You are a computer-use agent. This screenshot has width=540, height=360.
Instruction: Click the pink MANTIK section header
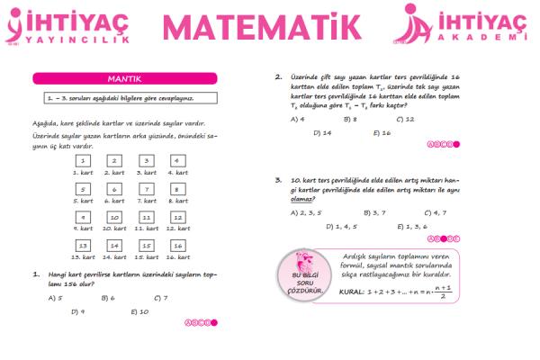point(125,78)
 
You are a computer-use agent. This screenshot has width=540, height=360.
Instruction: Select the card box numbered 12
point(178,218)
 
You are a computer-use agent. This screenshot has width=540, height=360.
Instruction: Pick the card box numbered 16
point(178,246)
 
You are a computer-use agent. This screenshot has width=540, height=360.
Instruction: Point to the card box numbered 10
point(114,218)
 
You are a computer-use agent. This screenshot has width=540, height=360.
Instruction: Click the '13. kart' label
point(83,257)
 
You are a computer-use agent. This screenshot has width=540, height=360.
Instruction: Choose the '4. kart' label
point(178,172)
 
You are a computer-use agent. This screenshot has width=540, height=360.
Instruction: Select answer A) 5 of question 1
point(55,297)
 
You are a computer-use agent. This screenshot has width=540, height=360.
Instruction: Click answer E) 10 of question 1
point(139,311)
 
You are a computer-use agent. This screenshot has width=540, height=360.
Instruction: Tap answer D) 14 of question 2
point(323,132)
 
